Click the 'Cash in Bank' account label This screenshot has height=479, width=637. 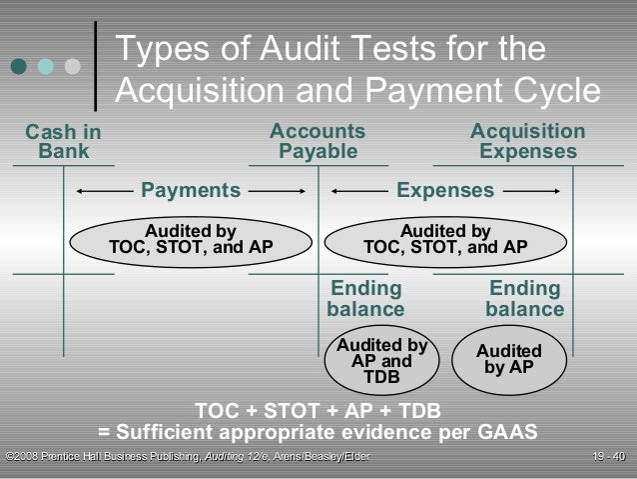63,142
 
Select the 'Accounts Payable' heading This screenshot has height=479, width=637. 318,142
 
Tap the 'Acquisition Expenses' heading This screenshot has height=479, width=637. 527,142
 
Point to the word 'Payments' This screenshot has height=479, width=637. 191,190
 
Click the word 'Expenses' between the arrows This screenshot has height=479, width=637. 445,190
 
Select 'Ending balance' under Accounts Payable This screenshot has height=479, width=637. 365,299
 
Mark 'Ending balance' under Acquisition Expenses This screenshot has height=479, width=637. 524,299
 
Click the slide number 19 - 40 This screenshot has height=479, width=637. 608,458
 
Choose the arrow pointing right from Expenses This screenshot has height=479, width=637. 530,190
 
